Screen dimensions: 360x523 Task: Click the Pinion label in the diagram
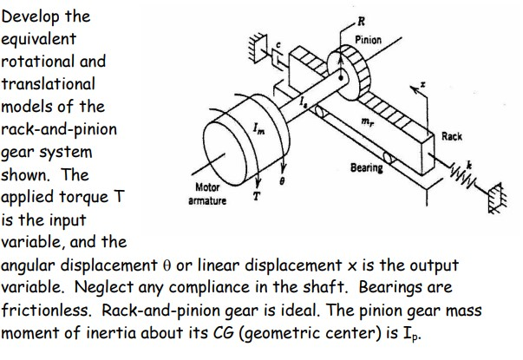coord(369,40)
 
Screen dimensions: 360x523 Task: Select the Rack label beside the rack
coord(452,136)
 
